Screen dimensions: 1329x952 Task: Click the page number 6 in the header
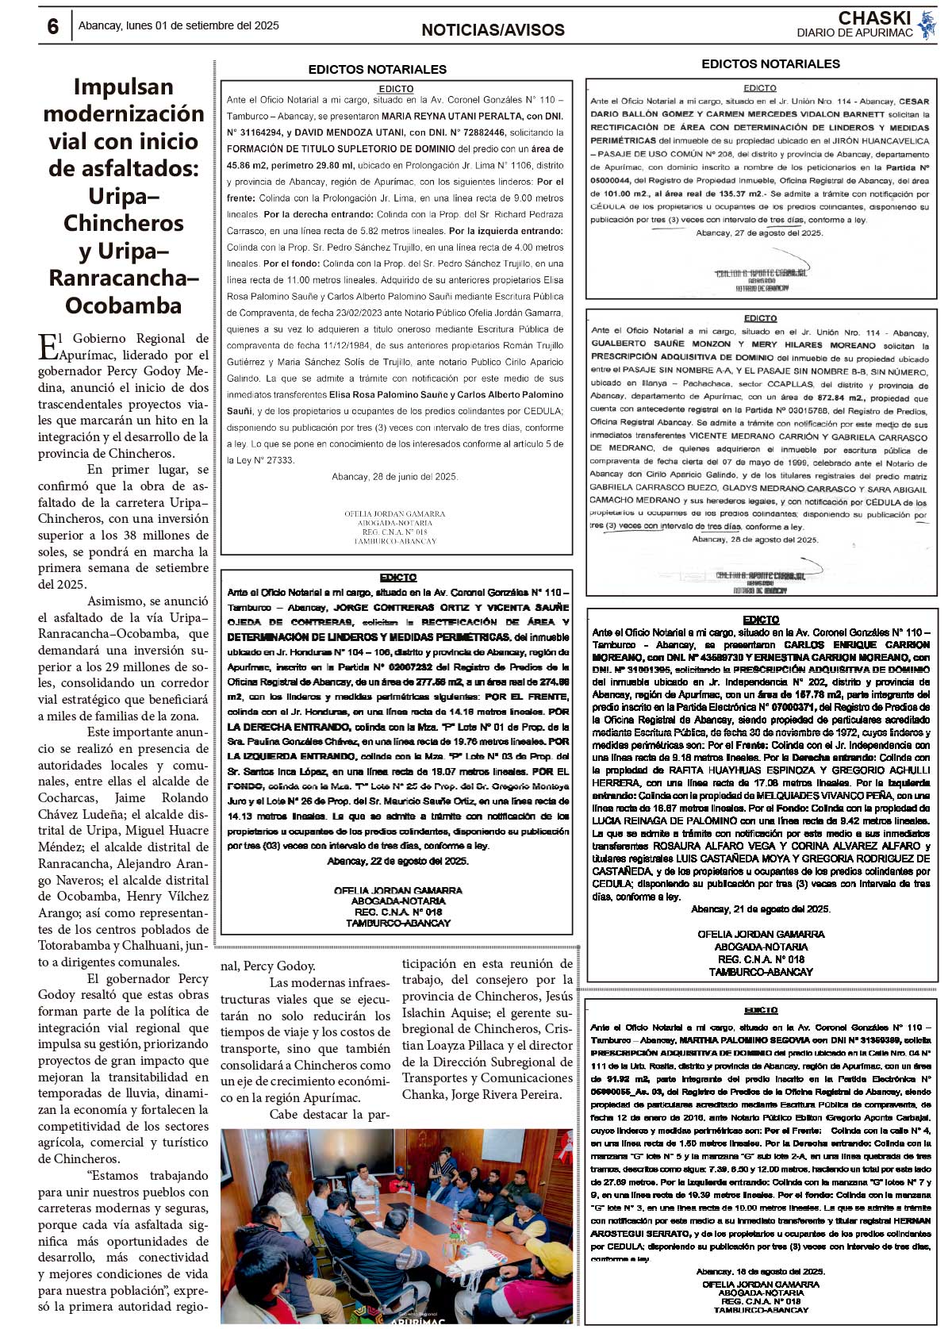pyautogui.click(x=52, y=26)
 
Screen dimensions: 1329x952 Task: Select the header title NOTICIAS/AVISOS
pyautogui.click(x=493, y=30)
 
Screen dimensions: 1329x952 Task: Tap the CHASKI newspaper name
pyautogui.click(x=874, y=17)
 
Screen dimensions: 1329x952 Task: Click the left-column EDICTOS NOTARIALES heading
pyautogui.click(x=378, y=69)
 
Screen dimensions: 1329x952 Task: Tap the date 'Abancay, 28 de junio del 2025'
pyautogui.click(x=394, y=476)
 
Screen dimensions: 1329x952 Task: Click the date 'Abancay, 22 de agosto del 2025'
pyautogui.click(x=397, y=860)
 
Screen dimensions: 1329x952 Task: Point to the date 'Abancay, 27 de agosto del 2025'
pyautogui.click(x=759, y=232)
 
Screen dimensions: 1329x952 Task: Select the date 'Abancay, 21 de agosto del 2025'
pyautogui.click(x=760, y=908)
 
